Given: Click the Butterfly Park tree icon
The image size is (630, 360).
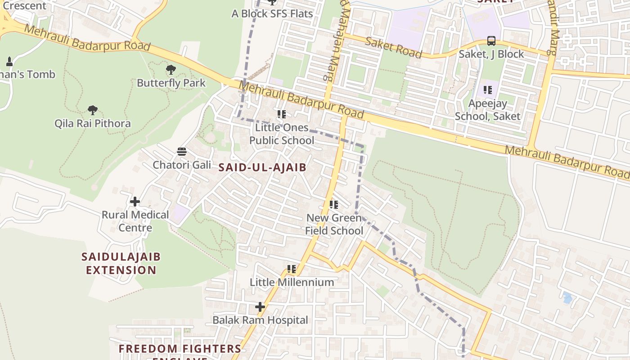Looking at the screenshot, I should [x=171, y=70].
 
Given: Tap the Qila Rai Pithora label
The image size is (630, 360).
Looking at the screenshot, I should [x=93, y=123].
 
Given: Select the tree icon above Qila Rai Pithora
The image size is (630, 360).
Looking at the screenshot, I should [x=93, y=110].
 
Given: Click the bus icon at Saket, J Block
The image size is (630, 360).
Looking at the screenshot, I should [x=491, y=41].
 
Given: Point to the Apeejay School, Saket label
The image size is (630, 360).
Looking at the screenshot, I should [x=487, y=110].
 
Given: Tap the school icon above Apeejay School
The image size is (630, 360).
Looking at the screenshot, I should [x=488, y=90].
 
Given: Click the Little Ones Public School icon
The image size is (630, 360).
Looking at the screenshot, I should [x=282, y=114].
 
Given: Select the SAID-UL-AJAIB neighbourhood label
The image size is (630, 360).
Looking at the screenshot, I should [x=262, y=168].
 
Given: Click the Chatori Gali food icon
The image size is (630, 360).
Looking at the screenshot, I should [x=182, y=152].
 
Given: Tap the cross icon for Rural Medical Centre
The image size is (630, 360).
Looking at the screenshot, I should [x=135, y=202].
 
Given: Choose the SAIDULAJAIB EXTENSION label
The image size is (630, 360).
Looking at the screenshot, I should [x=121, y=264].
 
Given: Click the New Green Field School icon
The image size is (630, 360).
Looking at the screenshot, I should [x=334, y=205].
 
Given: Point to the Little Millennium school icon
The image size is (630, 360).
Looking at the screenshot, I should [x=292, y=269].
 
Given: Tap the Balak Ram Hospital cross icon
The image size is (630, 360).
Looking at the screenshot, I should [x=260, y=307].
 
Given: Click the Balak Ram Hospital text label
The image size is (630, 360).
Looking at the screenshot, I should [x=260, y=320].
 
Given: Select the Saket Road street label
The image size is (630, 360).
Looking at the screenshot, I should [x=393, y=48].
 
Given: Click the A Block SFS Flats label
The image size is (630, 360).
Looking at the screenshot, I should [x=272, y=13].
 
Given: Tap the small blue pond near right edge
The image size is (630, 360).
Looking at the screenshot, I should [x=567, y=297].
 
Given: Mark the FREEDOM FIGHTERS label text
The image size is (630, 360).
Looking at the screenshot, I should [x=180, y=349].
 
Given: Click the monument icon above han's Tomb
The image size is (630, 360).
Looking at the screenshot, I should [x=9, y=61].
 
